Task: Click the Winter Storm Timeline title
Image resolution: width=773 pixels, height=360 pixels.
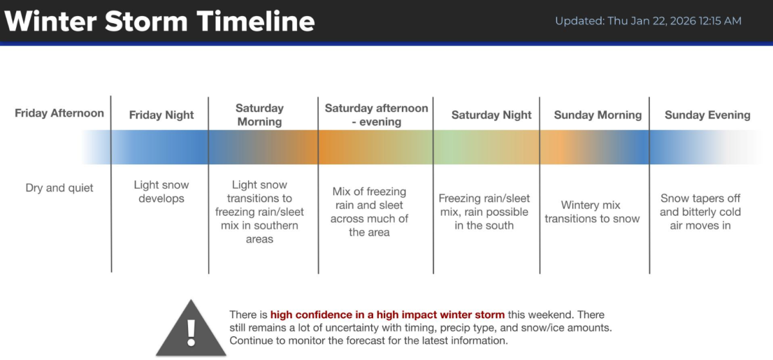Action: click(160, 21)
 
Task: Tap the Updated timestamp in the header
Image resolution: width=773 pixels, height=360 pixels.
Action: click(648, 21)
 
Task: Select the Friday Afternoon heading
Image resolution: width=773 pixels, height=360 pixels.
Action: click(59, 113)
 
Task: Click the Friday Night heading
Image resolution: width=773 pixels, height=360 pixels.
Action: click(161, 115)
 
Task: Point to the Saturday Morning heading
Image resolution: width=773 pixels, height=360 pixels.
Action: click(260, 115)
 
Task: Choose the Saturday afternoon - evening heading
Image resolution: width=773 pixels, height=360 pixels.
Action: click(376, 115)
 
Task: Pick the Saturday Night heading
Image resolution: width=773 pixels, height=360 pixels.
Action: click(491, 115)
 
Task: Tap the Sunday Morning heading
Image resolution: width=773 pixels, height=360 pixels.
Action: click(598, 115)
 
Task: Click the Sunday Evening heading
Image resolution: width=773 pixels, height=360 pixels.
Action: click(707, 115)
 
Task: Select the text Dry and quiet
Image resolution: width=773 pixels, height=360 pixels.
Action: click(59, 188)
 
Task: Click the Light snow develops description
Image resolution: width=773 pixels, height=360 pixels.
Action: click(161, 191)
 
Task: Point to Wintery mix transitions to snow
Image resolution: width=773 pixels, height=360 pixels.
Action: click(592, 212)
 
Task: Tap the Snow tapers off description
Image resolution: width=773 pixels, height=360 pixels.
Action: click(700, 212)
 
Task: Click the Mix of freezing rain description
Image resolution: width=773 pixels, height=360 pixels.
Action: click(369, 212)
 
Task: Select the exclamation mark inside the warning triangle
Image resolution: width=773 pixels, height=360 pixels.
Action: click(191, 333)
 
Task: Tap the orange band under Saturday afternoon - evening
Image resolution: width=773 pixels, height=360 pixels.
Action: click(376, 147)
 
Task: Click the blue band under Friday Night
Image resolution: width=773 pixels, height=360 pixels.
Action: click(160, 147)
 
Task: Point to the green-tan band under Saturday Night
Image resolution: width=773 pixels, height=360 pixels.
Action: click(486, 147)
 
